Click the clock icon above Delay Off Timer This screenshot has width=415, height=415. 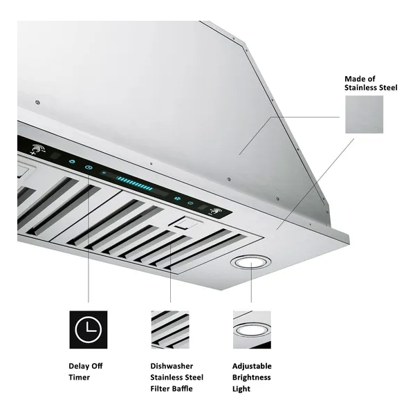(x=89, y=330)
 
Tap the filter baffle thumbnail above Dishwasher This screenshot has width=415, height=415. (x=170, y=330)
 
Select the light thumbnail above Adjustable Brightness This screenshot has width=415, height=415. (x=252, y=330)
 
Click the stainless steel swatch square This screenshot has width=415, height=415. (x=365, y=114)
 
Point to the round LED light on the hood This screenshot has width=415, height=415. (x=250, y=263)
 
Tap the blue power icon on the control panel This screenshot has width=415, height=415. (x=190, y=203)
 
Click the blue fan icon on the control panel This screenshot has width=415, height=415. (x=177, y=199)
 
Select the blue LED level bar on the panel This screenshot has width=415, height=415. (x=135, y=183)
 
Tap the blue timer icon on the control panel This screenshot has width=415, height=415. (x=89, y=167)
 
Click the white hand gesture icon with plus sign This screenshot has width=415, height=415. (x=37, y=149)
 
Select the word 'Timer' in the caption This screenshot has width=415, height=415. (x=79, y=377)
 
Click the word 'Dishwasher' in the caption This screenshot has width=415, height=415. (x=172, y=366)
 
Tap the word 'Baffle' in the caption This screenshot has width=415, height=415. (x=183, y=389)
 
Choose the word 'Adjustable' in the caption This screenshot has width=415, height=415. (x=252, y=367)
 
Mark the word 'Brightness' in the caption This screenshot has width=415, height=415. (x=252, y=378)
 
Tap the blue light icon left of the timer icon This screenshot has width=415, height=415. (x=72, y=161)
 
